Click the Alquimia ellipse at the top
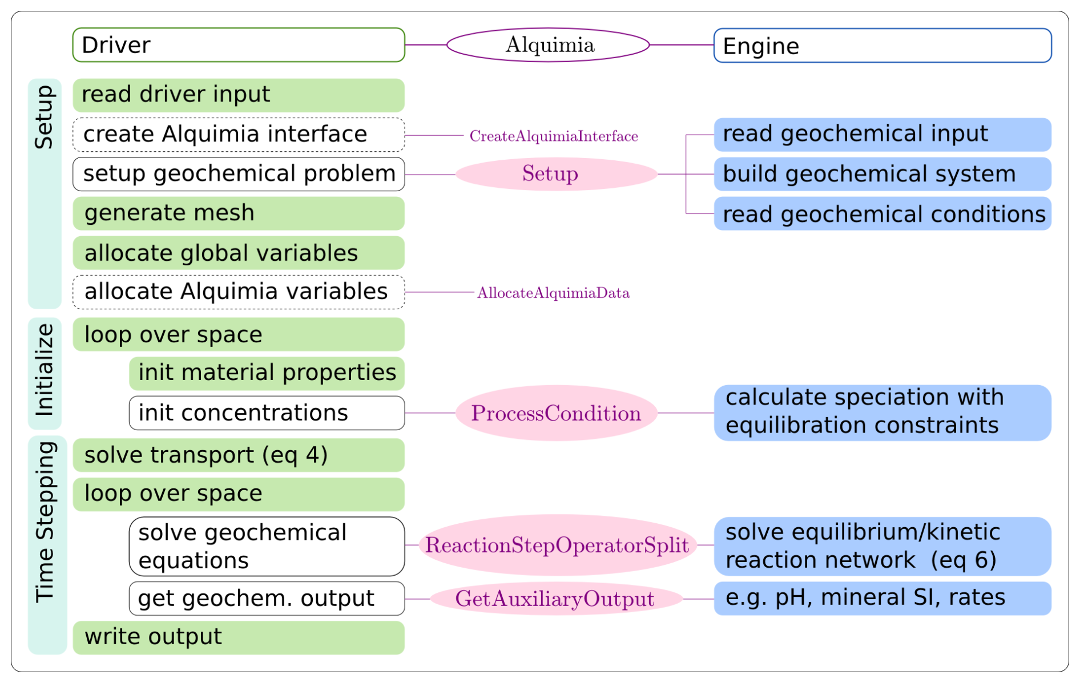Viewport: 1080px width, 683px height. (548, 45)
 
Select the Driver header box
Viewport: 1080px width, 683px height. (239, 45)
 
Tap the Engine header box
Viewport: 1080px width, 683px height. (882, 46)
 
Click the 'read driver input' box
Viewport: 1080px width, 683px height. (239, 95)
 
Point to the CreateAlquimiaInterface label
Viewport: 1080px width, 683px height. (553, 136)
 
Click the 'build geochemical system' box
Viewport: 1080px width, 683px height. (882, 174)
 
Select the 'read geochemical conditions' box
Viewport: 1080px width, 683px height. (882, 214)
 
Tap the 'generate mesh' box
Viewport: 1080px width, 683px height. (239, 213)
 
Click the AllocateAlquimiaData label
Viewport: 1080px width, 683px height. (553, 293)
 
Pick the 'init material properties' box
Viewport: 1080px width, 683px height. (267, 373)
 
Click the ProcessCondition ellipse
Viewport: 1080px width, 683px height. (556, 413)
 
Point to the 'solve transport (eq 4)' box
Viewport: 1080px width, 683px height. (239, 455)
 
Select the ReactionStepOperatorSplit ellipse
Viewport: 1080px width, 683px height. (557, 545)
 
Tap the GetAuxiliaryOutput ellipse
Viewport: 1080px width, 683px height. (555, 599)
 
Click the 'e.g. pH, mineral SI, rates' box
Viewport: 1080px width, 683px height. (882, 599)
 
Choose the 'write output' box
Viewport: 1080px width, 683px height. (239, 637)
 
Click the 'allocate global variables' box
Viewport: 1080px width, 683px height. (239, 253)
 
